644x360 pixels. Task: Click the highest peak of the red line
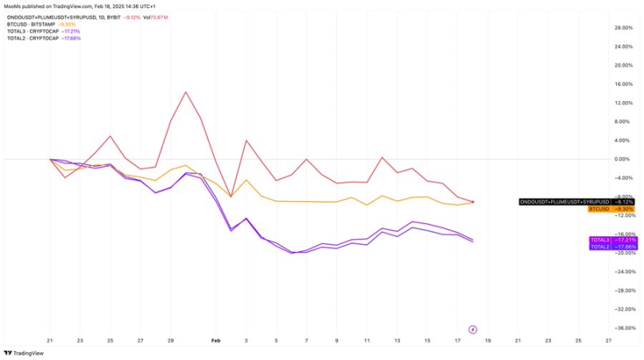[186, 92]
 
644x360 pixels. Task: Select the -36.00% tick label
[625, 328]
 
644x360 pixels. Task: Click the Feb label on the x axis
[215, 340]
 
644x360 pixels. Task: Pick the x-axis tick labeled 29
[171, 340]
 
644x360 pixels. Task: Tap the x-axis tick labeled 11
[367, 340]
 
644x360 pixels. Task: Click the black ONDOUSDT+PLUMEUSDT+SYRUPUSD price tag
[564, 202]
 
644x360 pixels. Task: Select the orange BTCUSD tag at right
[599, 209]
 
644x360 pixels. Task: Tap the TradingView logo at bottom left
[24, 353]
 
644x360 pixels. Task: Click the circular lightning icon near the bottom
[473, 329]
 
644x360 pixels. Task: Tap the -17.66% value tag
[626, 247]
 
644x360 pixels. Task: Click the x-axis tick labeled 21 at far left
[49, 340]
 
